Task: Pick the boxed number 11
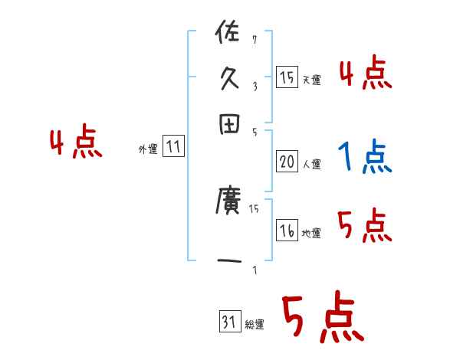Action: (173, 148)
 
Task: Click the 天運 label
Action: (311, 80)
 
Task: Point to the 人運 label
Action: (311, 164)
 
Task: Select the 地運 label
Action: (311, 234)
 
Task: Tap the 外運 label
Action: (148, 150)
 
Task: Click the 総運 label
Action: (255, 325)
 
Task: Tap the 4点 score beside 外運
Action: (75, 143)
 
